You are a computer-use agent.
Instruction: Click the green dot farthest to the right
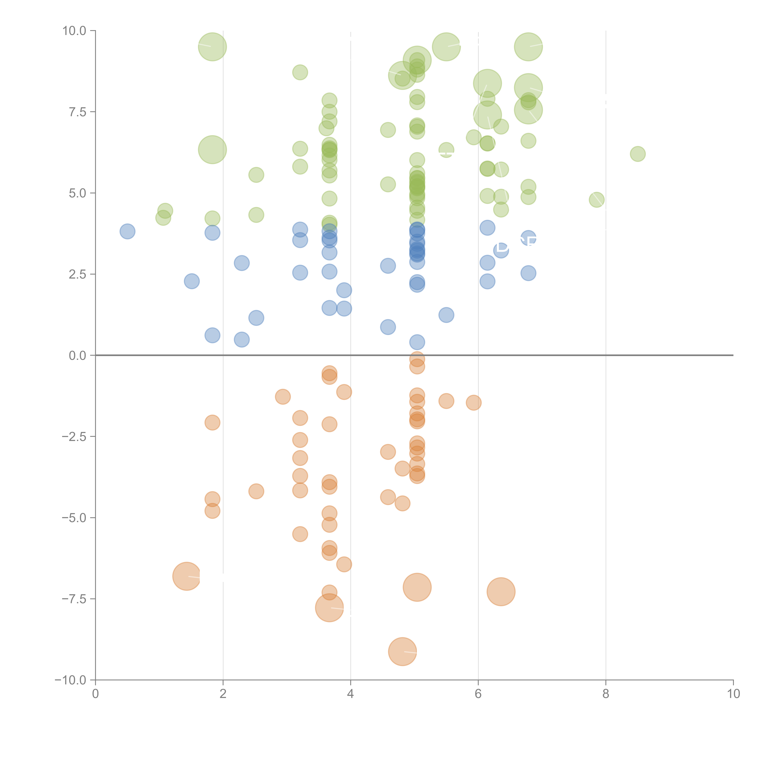(x=637, y=154)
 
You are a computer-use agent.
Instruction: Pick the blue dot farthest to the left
(x=127, y=231)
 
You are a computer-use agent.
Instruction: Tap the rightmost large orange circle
(x=501, y=592)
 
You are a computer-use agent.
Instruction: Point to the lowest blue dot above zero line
(x=417, y=342)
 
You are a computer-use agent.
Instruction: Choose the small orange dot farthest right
(x=473, y=403)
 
